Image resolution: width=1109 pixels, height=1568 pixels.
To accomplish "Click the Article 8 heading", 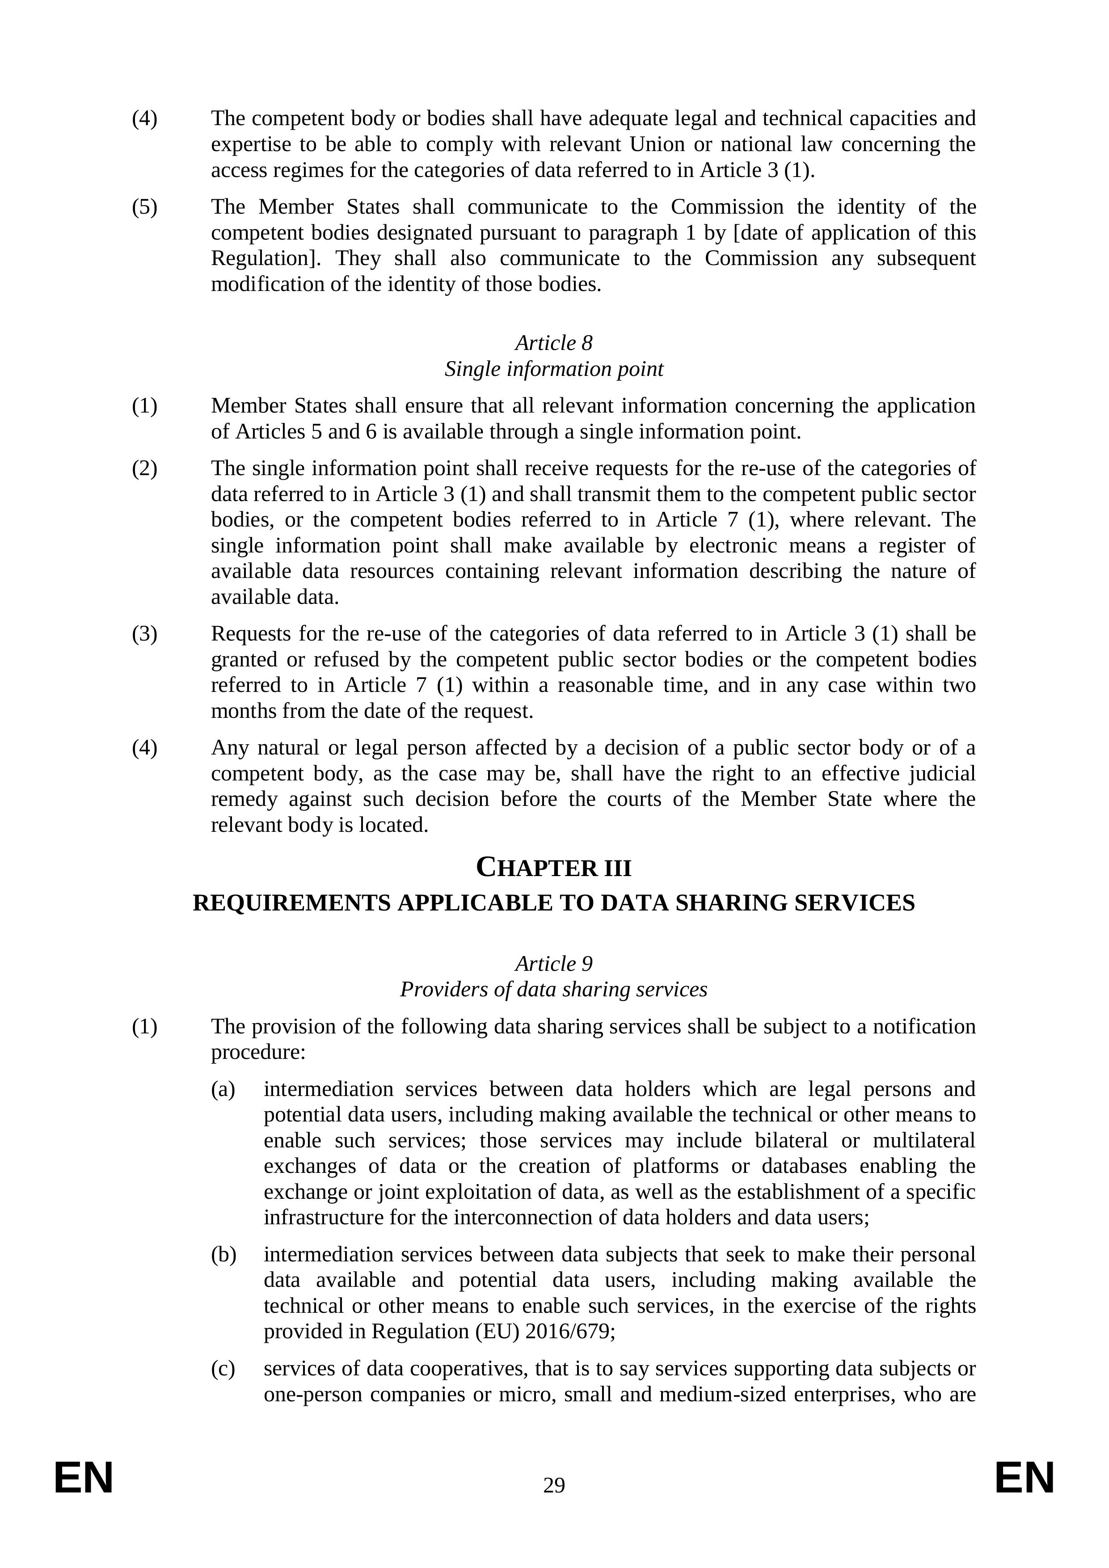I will [554, 343].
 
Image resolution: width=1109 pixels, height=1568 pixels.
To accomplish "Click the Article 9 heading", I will [554, 964].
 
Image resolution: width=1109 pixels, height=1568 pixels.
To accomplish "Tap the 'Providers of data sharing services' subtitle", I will [554, 990].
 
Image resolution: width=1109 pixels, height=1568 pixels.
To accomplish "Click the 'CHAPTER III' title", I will [554, 868].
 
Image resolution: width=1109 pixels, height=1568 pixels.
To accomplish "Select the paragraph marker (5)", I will [144, 207].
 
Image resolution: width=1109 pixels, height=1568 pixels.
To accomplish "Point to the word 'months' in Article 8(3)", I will [240, 712].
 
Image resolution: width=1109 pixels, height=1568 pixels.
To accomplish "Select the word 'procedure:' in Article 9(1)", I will [257, 1052].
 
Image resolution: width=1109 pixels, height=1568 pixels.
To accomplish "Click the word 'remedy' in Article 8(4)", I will [244, 800].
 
